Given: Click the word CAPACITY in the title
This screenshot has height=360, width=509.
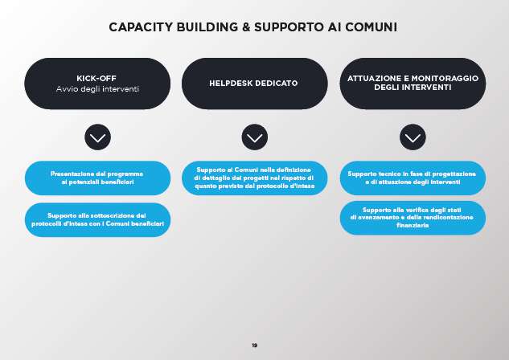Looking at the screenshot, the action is pyautogui.click(x=141, y=27).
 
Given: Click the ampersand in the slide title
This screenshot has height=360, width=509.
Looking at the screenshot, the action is pyautogui.click(x=246, y=27).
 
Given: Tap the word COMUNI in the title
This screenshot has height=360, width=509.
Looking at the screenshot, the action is pyautogui.click(x=371, y=27).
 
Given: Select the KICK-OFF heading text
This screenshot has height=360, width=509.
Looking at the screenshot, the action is pyautogui.click(x=96, y=78).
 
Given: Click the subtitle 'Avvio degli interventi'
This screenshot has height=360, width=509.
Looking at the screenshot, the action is pyautogui.click(x=97, y=89).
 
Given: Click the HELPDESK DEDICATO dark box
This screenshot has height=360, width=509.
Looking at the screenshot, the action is pyautogui.click(x=254, y=84).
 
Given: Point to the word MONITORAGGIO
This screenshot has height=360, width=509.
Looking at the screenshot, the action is pyautogui.click(x=445, y=79).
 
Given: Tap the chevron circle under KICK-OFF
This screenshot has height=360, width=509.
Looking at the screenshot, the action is pyautogui.click(x=98, y=137).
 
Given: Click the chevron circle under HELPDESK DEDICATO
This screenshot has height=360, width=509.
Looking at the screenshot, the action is pyautogui.click(x=255, y=137).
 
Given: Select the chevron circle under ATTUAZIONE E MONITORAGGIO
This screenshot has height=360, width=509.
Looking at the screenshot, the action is pyautogui.click(x=413, y=137).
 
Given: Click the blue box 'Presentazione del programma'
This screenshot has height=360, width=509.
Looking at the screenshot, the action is pyautogui.click(x=97, y=178).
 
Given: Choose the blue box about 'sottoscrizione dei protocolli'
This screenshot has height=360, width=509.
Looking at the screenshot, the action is pyautogui.click(x=97, y=220).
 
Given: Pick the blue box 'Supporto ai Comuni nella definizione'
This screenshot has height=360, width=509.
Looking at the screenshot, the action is pyautogui.click(x=254, y=178).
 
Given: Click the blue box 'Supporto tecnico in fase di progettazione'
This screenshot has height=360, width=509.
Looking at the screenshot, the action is pyautogui.click(x=413, y=178).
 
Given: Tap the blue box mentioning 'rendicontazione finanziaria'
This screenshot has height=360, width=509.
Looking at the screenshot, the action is pyautogui.click(x=413, y=218).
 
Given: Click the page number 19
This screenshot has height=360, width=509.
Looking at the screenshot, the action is pyautogui.click(x=254, y=346).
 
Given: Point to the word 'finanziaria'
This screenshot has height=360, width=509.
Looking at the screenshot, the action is pyautogui.click(x=413, y=225).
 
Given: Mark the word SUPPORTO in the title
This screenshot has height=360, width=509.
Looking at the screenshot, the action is pyautogui.click(x=289, y=27).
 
